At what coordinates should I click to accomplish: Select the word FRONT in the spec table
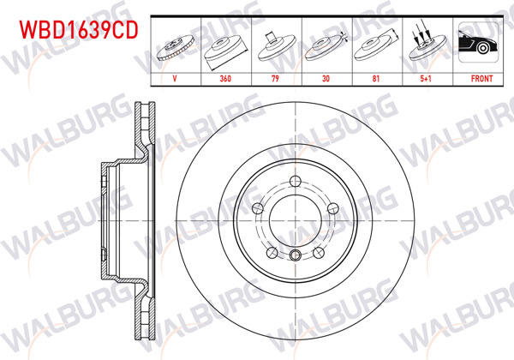pyautogui.click(x=481, y=76)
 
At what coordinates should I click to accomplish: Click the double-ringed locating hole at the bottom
pyautogui.click(x=295, y=255)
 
